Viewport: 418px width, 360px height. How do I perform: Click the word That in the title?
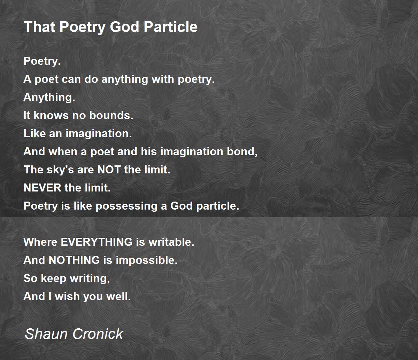tap(40, 27)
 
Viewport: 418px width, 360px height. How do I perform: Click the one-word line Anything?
tap(49, 97)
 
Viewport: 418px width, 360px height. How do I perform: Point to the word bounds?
tap(111, 115)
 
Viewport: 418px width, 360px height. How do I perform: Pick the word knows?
tap(51, 115)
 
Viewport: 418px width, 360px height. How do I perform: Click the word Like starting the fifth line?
tap(34, 133)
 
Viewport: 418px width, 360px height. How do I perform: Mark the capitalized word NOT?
tap(109, 170)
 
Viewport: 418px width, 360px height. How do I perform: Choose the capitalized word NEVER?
tap(42, 188)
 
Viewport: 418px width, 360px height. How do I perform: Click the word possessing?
tap(126, 206)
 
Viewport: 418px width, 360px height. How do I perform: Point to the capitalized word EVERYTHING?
tap(96, 242)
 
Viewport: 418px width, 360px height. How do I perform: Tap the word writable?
tap(171, 242)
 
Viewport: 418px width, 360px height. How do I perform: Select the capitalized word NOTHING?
tap(74, 260)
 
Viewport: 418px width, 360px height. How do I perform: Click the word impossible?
tap(147, 260)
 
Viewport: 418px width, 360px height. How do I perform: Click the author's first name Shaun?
tap(46, 334)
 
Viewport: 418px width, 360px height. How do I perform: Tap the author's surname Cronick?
tap(98, 334)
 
